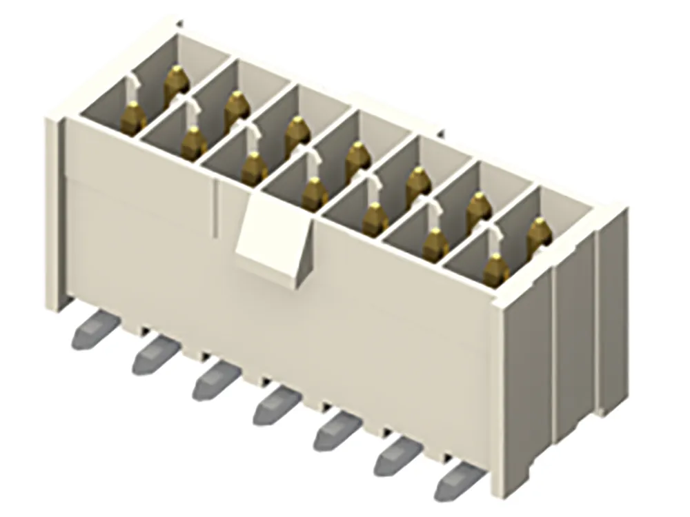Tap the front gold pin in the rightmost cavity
pyautogui.click(x=495, y=270)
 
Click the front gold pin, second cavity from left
pyautogui.click(x=194, y=142)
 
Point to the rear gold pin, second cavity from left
pyautogui.click(x=237, y=108)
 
